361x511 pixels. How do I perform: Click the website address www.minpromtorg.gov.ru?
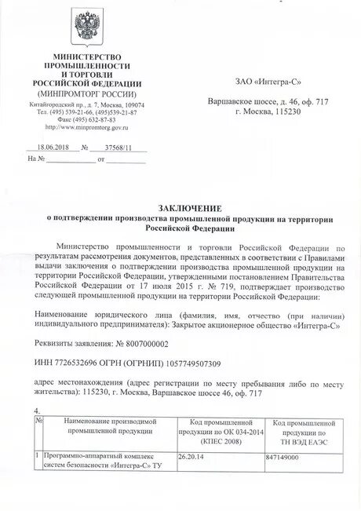click(x=86, y=126)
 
